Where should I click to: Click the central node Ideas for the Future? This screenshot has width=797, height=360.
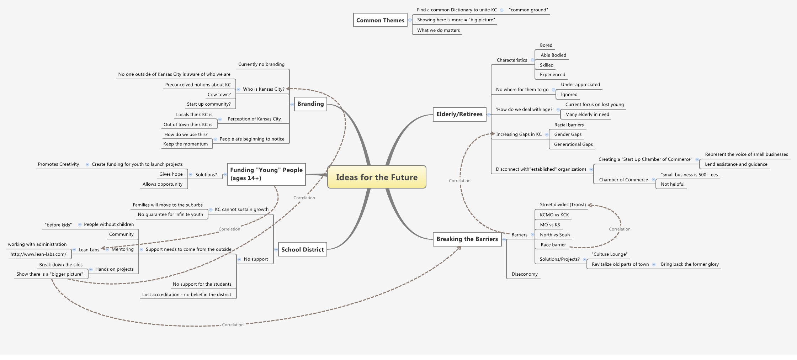tap(377, 177)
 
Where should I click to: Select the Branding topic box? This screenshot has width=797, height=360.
tap(310, 104)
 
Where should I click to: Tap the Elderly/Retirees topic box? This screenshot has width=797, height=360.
tap(459, 114)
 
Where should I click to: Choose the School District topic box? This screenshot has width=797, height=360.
tap(302, 249)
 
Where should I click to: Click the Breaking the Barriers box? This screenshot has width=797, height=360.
tap(467, 239)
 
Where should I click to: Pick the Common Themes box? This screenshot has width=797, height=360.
tap(380, 20)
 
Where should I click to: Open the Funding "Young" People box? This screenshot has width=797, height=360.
tap(266, 174)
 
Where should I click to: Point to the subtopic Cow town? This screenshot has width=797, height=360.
tap(219, 95)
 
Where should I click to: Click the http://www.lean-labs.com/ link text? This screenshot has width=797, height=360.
tap(38, 254)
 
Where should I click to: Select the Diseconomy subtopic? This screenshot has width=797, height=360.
tap(525, 274)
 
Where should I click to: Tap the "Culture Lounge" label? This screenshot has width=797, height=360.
tap(610, 254)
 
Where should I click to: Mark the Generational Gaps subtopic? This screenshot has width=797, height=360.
tap(573, 144)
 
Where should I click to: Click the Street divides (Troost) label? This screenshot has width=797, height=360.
tap(563, 205)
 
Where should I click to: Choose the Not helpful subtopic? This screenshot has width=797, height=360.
tap(672, 184)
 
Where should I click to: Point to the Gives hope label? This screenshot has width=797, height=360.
tap(171, 174)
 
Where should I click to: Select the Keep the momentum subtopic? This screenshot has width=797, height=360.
tap(185, 144)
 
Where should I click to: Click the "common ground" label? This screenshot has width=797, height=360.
tap(528, 10)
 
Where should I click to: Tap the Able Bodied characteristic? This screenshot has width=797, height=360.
tap(553, 55)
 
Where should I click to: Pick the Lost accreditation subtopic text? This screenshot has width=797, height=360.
tap(186, 295)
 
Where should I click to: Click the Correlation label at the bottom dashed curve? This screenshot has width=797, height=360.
tap(233, 325)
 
